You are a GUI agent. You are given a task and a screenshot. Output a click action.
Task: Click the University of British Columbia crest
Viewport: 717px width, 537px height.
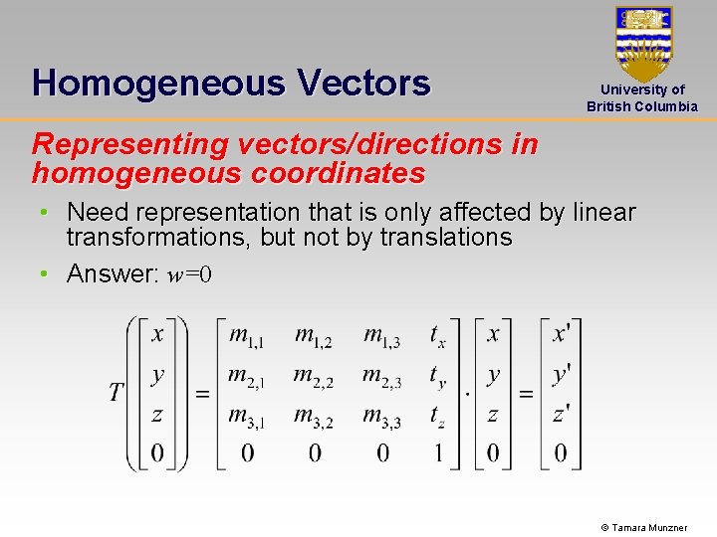(643, 43)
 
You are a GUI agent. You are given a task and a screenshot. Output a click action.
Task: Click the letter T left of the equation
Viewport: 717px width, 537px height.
(117, 392)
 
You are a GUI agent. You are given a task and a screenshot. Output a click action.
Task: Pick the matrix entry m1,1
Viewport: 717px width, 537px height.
(246, 336)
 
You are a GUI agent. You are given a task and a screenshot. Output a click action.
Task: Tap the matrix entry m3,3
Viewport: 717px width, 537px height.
(381, 417)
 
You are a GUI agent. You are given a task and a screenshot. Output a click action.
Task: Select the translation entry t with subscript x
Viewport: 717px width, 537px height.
(438, 337)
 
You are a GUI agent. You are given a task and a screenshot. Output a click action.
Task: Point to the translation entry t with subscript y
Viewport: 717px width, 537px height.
(438, 377)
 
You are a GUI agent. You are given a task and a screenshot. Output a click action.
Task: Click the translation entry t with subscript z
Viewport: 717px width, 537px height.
(438, 418)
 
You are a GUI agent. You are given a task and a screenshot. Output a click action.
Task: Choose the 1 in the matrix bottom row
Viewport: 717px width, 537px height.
(438, 454)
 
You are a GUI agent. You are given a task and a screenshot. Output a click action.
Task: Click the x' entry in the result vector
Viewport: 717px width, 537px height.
(562, 334)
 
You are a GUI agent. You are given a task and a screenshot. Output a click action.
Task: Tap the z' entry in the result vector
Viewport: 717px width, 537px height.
(562, 416)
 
